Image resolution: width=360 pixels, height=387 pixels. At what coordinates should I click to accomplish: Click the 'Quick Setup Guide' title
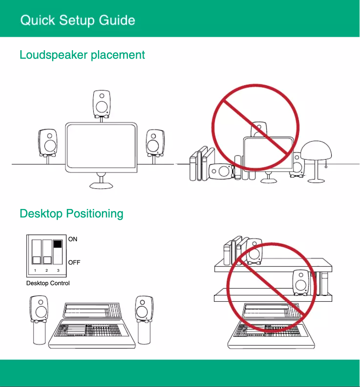coord(78,20)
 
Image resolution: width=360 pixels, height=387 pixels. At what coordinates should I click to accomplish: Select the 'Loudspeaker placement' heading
coord(82,55)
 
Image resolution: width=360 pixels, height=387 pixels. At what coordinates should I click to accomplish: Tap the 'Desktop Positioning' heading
coord(71,213)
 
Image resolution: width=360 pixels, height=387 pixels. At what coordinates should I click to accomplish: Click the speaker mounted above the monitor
coord(101,104)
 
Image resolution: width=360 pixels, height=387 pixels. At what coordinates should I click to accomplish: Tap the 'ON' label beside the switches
coord(73,239)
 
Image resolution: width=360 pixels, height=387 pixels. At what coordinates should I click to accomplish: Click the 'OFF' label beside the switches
coord(74,262)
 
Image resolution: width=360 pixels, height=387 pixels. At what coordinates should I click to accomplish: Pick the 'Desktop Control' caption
coord(48,283)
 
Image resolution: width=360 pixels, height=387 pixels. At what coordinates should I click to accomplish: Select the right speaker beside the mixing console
coord(144,309)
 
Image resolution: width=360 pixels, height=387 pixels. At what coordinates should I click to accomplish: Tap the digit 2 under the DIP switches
coord(47,271)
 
